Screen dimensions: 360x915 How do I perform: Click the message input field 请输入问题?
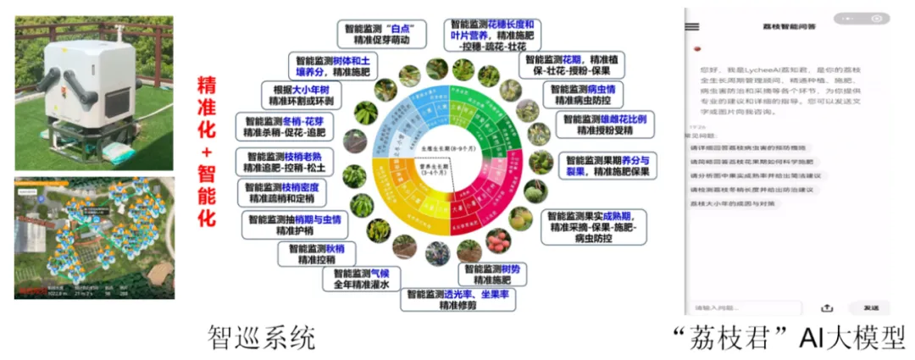[746, 307]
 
